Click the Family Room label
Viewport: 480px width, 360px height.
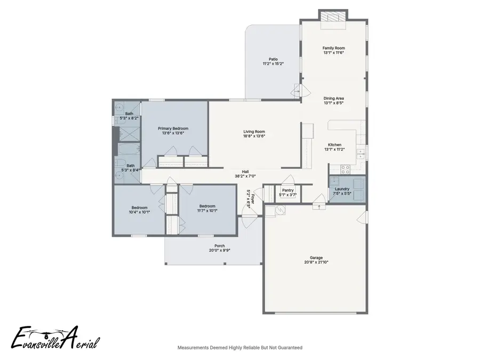coord(334,48)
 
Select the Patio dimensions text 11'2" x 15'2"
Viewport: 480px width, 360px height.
coord(273,64)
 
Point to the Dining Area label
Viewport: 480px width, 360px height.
coord(334,98)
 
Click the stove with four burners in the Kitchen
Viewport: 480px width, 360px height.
coord(345,170)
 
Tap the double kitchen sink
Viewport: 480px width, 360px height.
coord(361,154)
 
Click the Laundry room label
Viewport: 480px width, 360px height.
coord(342,189)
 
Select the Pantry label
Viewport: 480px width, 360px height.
coord(288,190)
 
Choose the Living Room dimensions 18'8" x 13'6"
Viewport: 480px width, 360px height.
coord(254,136)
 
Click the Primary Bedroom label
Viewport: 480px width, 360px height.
coord(173,129)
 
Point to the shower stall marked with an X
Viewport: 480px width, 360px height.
coord(127,133)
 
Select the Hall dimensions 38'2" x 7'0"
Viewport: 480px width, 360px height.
coord(245,176)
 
